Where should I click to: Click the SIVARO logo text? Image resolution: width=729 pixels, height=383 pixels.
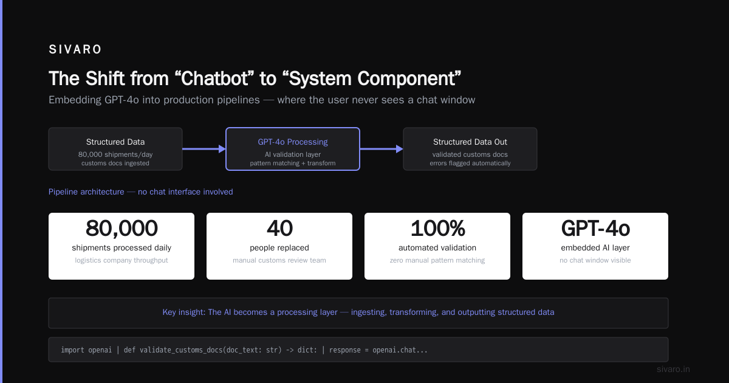coord(75,49)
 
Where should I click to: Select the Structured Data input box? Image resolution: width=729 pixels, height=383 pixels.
coord(115,149)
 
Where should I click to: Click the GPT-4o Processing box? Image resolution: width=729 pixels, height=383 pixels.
coord(293,149)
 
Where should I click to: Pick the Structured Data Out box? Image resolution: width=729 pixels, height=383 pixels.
coord(470,149)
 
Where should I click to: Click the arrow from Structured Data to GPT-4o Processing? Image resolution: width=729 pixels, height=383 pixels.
coord(204,149)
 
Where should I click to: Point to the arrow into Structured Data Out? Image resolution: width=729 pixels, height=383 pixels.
coord(382,149)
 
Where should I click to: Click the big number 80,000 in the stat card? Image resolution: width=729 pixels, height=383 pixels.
coord(122,228)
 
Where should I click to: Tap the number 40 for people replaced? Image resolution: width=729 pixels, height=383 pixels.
coord(279,228)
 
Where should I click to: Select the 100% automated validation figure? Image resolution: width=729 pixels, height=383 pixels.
coord(437,228)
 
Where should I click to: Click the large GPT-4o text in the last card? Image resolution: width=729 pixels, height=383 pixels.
coord(595,228)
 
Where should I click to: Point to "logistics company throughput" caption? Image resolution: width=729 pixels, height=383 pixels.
coord(122,260)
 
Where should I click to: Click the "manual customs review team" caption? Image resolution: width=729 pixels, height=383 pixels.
coord(279,260)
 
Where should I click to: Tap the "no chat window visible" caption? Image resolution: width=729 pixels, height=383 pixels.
coord(595,260)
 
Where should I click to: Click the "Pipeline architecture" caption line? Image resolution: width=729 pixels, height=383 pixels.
coord(140,192)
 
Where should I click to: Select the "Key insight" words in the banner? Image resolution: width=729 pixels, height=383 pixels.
coord(184,312)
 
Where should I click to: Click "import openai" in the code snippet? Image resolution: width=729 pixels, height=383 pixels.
coord(86,350)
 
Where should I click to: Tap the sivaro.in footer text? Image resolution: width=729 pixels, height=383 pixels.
coord(673,369)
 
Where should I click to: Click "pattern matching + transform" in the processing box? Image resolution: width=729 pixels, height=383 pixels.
coord(293,163)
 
